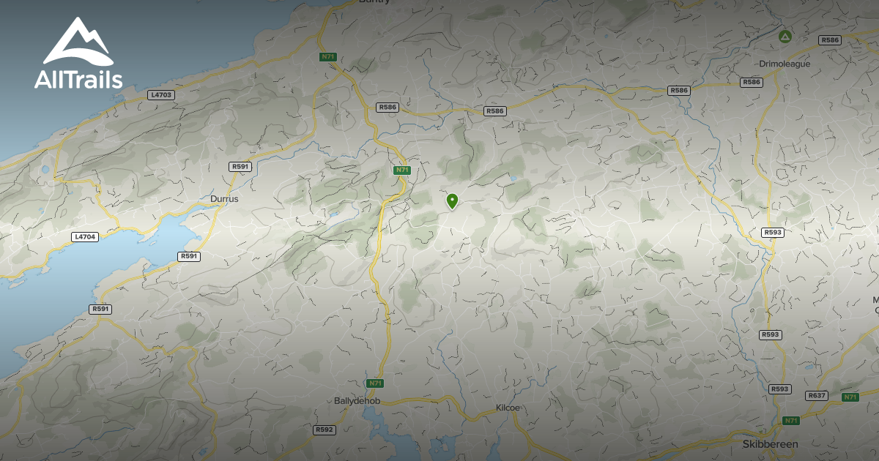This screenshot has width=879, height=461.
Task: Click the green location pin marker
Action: coord(453,200)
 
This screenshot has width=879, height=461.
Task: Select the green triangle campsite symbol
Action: coord(785,36)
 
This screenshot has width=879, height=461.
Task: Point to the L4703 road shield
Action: coord(160,94)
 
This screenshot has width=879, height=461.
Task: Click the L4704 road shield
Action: coord(85,237)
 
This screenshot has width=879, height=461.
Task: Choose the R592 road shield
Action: coord(324,430)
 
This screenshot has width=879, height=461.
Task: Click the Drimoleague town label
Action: coord(785,64)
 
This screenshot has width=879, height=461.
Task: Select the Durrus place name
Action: coord(223,198)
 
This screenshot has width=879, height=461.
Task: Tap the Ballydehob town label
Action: coord(357,401)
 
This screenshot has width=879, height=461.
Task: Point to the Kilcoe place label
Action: coord(508,407)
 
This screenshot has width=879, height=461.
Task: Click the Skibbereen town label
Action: coord(770,444)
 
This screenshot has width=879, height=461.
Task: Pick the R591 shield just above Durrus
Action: coord(240,167)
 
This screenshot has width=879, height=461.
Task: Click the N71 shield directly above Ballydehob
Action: coord(374,383)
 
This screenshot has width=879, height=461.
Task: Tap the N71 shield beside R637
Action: coord(850,397)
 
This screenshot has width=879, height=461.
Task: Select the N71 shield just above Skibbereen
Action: coord(790,421)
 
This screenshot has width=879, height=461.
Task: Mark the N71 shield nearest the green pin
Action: coord(401,170)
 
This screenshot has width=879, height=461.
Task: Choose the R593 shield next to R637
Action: coord(780,389)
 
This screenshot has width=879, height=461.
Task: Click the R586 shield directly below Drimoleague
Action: coord(752,82)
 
